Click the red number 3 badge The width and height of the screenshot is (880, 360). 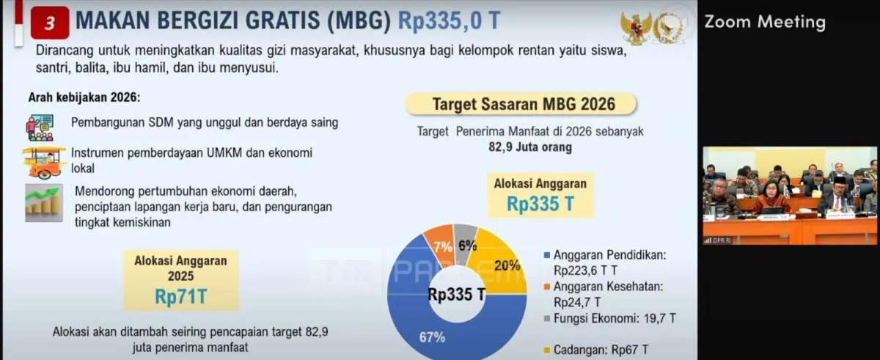pyautogui.click(x=50, y=23)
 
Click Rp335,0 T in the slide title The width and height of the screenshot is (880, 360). pyautogui.click(x=449, y=21)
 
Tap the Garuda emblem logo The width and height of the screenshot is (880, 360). pyautogui.click(x=636, y=27)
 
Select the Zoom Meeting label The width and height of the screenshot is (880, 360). pyautogui.click(x=764, y=21)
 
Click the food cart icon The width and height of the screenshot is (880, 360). pyautogui.click(x=43, y=163)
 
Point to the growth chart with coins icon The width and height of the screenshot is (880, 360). pyautogui.click(x=44, y=203)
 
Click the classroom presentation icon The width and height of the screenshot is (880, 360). pyautogui.click(x=40, y=128)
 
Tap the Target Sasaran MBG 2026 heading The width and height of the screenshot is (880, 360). pyautogui.click(x=524, y=104)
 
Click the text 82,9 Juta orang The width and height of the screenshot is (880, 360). pyautogui.click(x=530, y=147)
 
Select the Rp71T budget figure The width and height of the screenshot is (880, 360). pyautogui.click(x=180, y=296)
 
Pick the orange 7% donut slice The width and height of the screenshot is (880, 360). pyautogui.click(x=440, y=245)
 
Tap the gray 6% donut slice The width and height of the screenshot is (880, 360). pyautogui.click(x=466, y=241)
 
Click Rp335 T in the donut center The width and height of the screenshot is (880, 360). pyautogui.click(x=456, y=295)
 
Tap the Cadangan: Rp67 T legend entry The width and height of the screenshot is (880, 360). pyautogui.click(x=596, y=350)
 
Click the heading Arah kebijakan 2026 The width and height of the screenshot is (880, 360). pyautogui.click(x=84, y=98)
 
